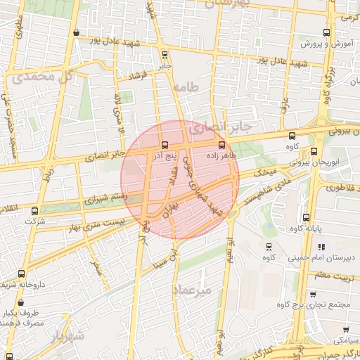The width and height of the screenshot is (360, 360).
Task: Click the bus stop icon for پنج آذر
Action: pyautogui.click(x=165, y=145)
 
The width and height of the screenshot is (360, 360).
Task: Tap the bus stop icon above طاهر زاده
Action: pyautogui.click(x=222, y=145)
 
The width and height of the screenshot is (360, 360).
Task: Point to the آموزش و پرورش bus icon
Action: pyautogui.click(x=326, y=32)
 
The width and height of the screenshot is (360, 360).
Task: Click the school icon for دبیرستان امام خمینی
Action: pyautogui.click(x=321, y=247)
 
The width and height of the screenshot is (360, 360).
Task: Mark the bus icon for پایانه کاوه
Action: pyautogui.click(x=305, y=217)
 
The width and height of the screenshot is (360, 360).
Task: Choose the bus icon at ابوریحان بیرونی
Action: pyautogui.click(x=314, y=151)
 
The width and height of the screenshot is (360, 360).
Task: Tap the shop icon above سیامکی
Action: pyautogui.click(x=345, y=329)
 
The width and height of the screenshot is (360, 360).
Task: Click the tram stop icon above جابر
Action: pyautogui.click(x=165, y=54)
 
